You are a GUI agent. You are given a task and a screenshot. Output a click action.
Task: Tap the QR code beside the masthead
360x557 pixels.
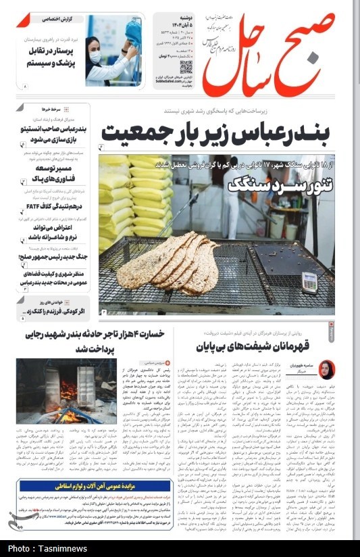[186, 67]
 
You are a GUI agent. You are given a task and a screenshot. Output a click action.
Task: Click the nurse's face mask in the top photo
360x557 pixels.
[95, 56]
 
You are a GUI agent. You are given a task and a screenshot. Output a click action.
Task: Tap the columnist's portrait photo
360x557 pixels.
[327, 370]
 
